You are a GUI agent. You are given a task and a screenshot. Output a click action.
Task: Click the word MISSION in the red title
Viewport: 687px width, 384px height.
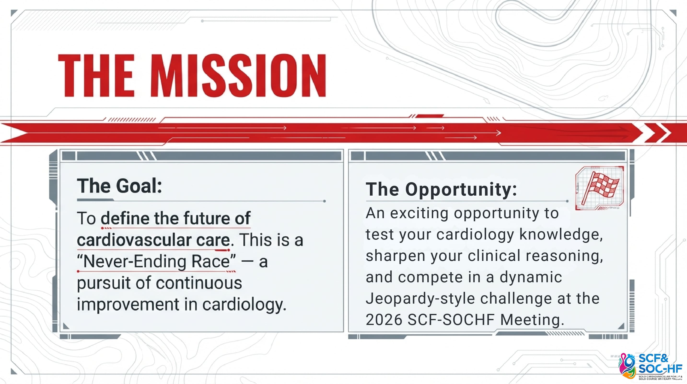(x=239, y=75)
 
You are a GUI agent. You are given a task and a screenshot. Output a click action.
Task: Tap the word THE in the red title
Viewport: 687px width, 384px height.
(x=96, y=75)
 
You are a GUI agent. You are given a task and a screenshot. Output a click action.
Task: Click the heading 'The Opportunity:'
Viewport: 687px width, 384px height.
(x=441, y=189)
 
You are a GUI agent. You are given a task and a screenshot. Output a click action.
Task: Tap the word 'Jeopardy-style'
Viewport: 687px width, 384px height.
(x=420, y=299)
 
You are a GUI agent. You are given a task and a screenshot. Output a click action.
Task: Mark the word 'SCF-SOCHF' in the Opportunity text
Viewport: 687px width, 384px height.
(x=451, y=320)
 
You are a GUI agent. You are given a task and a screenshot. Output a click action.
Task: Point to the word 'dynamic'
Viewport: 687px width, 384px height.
(x=531, y=278)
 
